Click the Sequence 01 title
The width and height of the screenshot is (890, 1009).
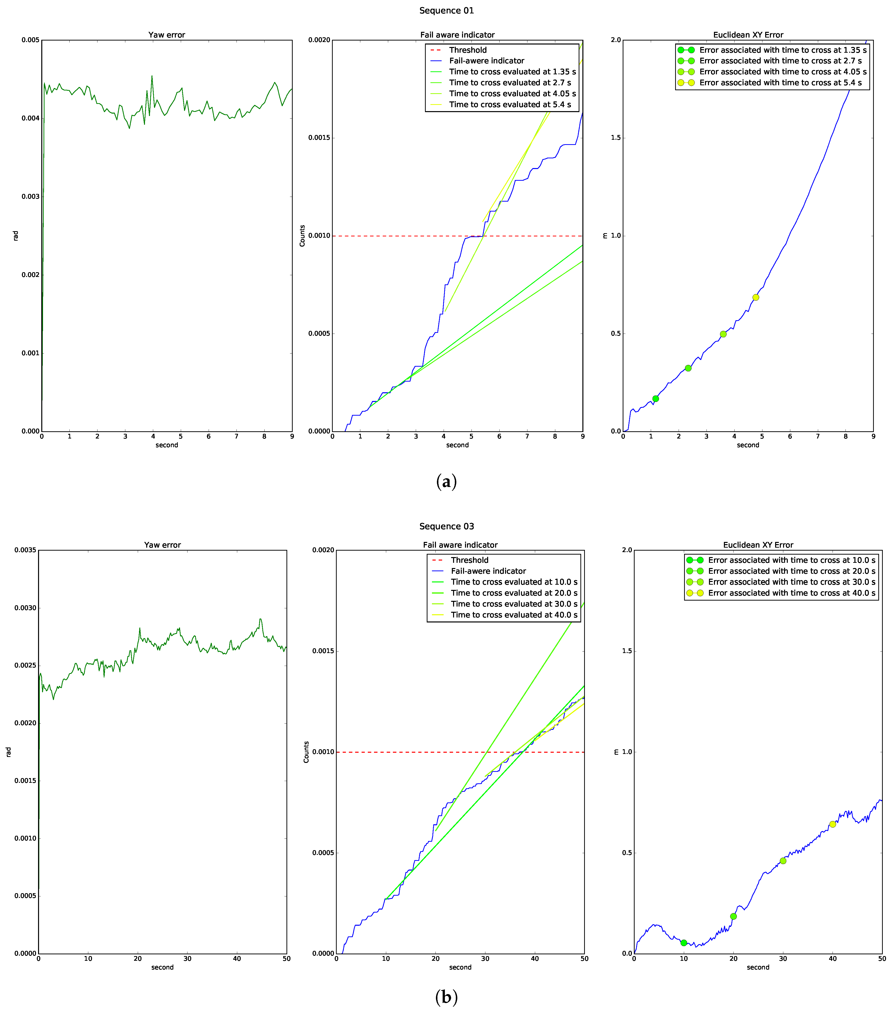(x=446, y=10)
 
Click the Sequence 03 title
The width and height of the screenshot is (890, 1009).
(x=446, y=526)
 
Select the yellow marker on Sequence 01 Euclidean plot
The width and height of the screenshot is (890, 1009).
(x=755, y=297)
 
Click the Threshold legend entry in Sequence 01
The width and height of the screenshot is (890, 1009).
(x=467, y=50)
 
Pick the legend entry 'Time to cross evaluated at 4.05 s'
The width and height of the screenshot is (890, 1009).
(x=512, y=93)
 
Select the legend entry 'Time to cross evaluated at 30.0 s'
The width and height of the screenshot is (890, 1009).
(x=514, y=604)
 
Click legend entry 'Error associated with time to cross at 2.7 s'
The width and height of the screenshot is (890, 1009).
(x=780, y=61)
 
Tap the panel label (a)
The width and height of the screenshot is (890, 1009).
(x=446, y=481)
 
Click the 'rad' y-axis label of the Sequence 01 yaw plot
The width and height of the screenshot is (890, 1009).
(x=15, y=235)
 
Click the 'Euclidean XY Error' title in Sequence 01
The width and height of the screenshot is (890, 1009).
(x=748, y=35)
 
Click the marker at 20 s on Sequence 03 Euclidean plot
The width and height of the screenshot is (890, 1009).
(x=733, y=916)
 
